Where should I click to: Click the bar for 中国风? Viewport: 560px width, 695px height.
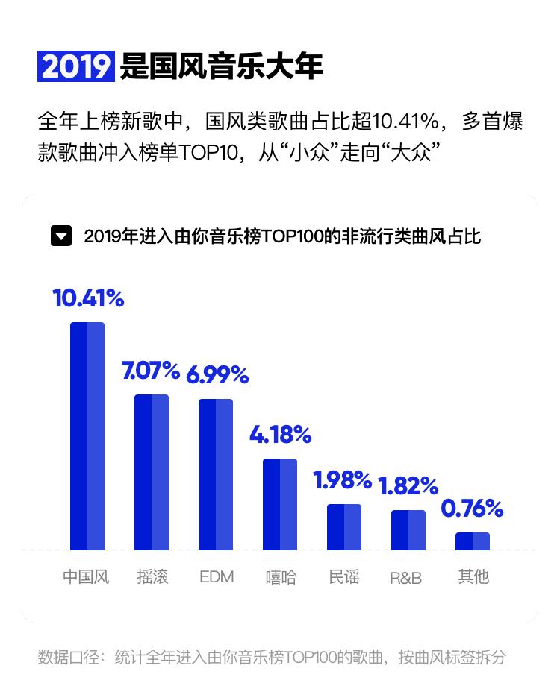click(87, 436)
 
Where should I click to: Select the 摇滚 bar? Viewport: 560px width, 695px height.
click(152, 472)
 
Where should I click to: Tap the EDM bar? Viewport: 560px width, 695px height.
click(216, 474)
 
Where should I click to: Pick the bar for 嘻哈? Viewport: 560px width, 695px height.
click(280, 504)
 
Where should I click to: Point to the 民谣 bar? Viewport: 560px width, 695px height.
click(344, 527)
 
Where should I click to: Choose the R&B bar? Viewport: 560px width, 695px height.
click(408, 530)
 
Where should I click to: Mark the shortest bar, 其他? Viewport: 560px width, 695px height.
click(473, 541)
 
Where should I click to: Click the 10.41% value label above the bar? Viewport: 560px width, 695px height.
click(88, 298)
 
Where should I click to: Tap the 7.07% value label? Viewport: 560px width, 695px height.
click(151, 371)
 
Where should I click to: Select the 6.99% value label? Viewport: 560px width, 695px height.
click(217, 375)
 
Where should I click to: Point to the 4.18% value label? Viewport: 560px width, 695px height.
click(280, 434)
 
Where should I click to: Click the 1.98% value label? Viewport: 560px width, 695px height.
click(343, 481)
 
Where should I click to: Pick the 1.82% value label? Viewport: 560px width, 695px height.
click(408, 486)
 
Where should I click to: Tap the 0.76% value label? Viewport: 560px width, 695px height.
click(472, 509)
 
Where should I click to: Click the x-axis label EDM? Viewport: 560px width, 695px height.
click(217, 577)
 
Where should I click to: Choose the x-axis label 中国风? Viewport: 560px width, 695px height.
click(86, 577)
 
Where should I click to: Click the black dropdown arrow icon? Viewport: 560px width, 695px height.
click(61, 236)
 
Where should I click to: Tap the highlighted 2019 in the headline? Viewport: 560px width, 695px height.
click(75, 66)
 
